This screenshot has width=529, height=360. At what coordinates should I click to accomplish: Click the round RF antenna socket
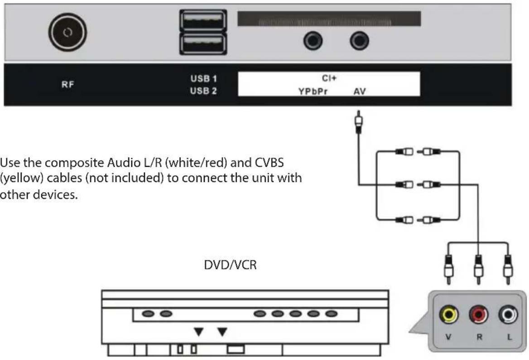tap(67, 33)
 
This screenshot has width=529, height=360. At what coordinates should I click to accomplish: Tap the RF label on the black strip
tap(67, 84)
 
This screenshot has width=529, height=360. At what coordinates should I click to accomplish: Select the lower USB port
tap(202, 45)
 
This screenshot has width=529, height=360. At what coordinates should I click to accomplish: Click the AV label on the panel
tap(360, 92)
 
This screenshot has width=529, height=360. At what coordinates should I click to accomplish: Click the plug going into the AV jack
tap(358, 123)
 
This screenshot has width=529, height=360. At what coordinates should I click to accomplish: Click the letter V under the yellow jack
tap(448, 337)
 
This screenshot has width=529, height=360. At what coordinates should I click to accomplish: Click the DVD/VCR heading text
tap(230, 265)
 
